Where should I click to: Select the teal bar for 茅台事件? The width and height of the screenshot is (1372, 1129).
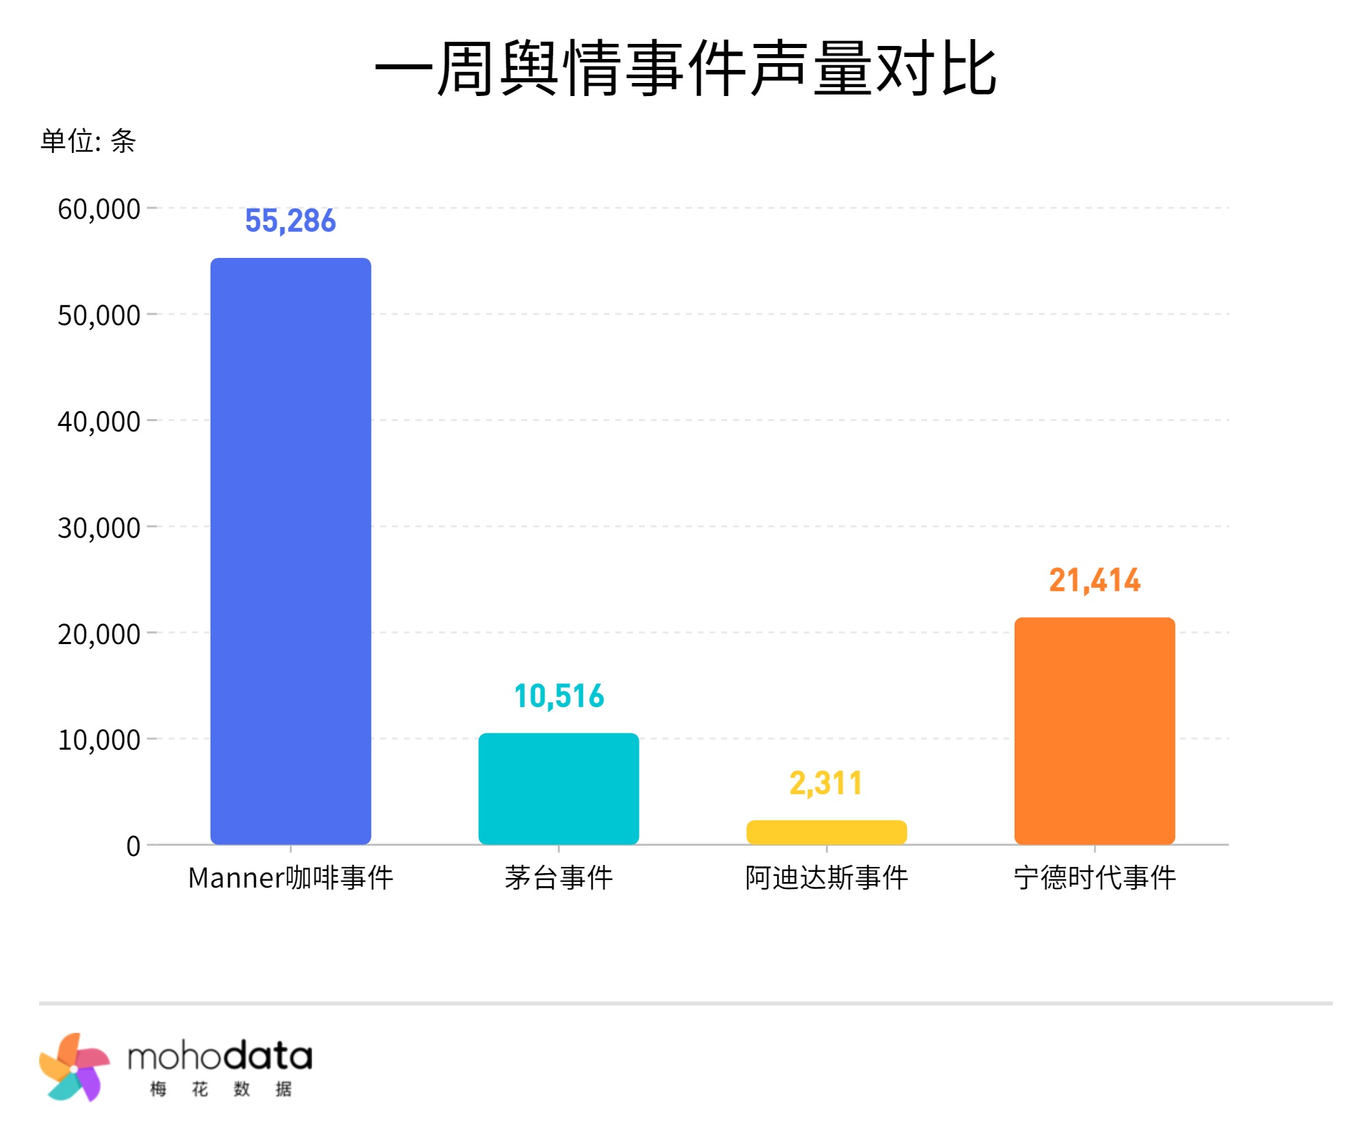[x=558, y=789]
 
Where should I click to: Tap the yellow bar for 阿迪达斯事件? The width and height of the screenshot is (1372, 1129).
[x=827, y=832]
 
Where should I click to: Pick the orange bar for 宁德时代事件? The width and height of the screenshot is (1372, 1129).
[x=1095, y=730]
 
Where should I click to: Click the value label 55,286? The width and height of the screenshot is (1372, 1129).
[x=291, y=221]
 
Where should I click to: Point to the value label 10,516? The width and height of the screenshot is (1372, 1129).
[x=559, y=696]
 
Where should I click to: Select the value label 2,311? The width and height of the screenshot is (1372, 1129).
[x=826, y=783]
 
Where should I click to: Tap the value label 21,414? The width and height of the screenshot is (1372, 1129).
[x=1095, y=580]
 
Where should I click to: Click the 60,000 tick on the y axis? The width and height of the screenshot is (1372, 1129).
[x=99, y=209]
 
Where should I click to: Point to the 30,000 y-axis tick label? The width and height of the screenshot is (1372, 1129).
[x=99, y=528]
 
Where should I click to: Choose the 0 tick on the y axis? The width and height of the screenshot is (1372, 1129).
[x=133, y=846]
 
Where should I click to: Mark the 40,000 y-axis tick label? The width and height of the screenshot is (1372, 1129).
[x=99, y=422]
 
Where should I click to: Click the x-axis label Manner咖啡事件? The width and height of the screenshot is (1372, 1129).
[x=291, y=878]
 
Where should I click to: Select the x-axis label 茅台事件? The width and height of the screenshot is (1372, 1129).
[x=558, y=878]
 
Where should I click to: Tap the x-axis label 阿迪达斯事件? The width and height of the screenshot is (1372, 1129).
[x=827, y=878]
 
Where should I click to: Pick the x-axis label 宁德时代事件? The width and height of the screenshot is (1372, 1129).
[x=1095, y=878]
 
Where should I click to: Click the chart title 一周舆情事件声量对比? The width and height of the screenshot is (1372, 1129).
[x=685, y=69]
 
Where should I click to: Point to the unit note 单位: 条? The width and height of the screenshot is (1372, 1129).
[x=88, y=141]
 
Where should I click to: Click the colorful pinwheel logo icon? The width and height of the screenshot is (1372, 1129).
[x=74, y=1067]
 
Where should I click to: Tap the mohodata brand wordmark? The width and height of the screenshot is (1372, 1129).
[x=220, y=1058]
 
